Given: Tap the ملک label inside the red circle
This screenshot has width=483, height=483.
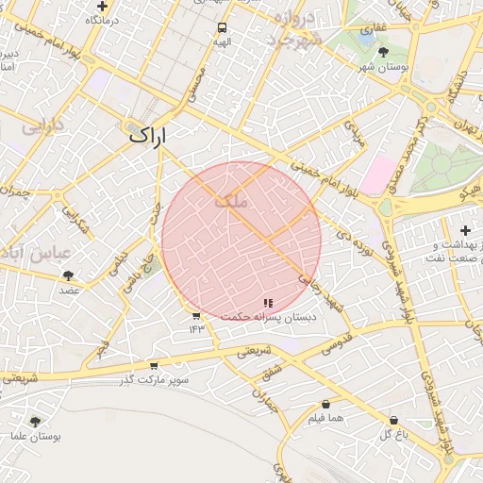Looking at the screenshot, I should tap(231, 200).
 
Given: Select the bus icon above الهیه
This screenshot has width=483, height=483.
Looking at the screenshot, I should tap(222, 28).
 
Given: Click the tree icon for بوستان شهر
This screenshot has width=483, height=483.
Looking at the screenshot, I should tap(382, 53).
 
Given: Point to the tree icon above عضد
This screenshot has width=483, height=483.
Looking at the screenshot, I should tap(68, 275).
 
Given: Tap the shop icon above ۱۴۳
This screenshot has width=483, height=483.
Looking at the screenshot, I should tap(195, 316).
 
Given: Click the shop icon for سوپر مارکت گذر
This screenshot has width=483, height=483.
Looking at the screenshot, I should tap(154, 366).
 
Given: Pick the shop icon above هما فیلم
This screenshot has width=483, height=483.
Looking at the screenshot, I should tap(325, 404).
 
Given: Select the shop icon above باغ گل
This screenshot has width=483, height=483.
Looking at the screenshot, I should tap(393, 420).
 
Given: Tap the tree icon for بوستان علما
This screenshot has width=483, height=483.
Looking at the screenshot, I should tap(35, 422).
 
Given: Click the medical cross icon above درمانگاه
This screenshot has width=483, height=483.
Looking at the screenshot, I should tap(101, 5).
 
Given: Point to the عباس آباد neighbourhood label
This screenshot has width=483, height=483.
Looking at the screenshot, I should tap(37, 253).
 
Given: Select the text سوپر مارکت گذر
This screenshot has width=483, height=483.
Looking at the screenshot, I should tap(154, 380).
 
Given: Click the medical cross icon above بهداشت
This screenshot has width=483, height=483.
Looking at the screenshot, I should tap(464, 230).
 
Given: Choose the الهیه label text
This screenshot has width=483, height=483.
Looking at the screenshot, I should tap(222, 42).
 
